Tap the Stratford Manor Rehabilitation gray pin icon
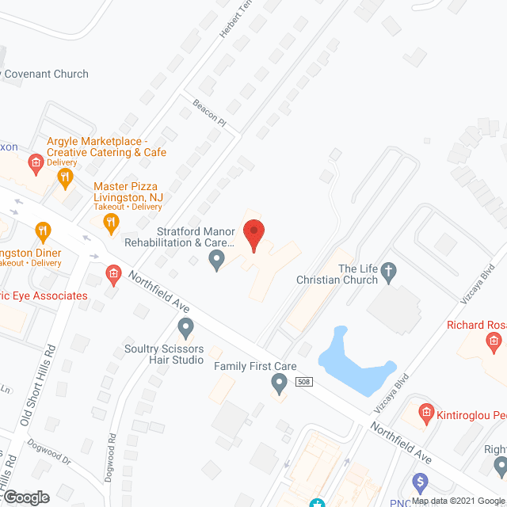[215, 259]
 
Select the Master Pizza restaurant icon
[111, 223]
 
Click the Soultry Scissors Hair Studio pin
[186, 326]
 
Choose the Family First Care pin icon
[279, 384]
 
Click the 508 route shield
[303, 382]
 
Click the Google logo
[25, 497]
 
